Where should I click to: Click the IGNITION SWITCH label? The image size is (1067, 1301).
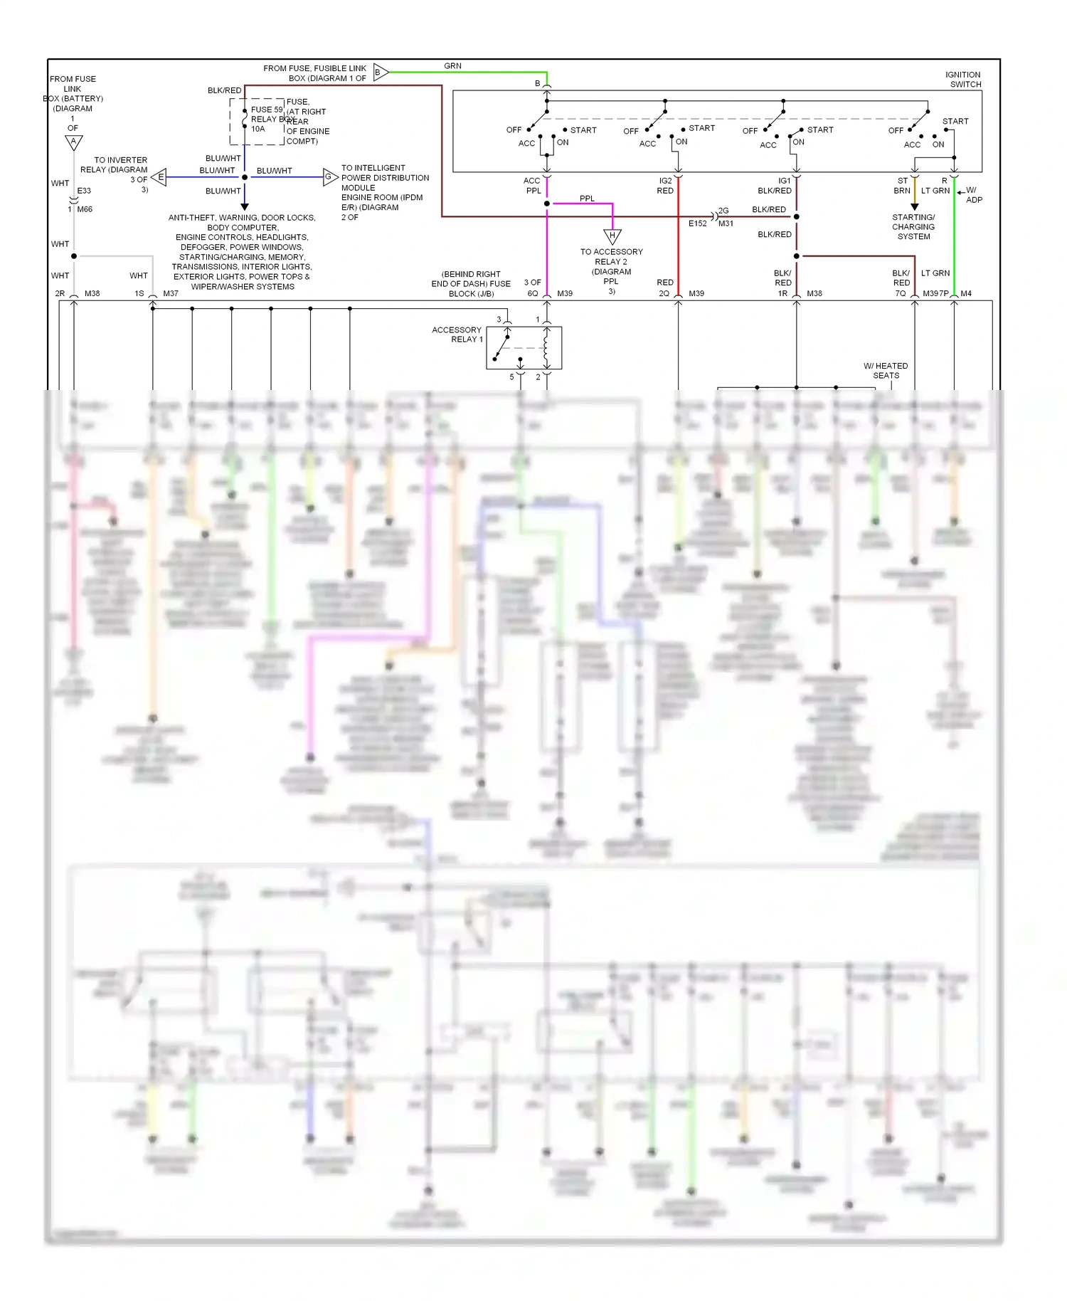pyautogui.click(x=964, y=79)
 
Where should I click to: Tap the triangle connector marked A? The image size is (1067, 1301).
pyautogui.click(x=73, y=142)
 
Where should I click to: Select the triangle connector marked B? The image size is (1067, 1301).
pyautogui.click(x=380, y=72)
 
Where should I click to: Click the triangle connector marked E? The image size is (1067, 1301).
pyautogui.click(x=159, y=177)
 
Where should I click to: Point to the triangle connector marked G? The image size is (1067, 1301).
pyautogui.click(x=329, y=177)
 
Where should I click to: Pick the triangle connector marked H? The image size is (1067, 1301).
pyautogui.click(x=612, y=236)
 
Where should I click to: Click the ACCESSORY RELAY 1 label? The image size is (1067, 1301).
pyautogui.click(x=457, y=335)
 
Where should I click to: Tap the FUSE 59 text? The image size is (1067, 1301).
pyautogui.click(x=266, y=110)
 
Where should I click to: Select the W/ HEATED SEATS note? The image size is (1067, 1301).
pyautogui.click(x=886, y=371)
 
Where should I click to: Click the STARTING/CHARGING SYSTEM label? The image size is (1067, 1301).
pyautogui.click(x=913, y=227)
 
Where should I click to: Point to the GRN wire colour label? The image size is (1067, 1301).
pyautogui.click(x=452, y=66)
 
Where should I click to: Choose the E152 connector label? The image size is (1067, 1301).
pyautogui.click(x=697, y=223)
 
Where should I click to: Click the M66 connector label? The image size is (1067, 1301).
pyautogui.click(x=85, y=209)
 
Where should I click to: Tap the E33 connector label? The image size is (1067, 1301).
pyautogui.click(x=84, y=191)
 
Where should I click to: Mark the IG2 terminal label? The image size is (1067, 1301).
pyautogui.click(x=665, y=181)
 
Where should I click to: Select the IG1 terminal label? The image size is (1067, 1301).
pyautogui.click(x=784, y=181)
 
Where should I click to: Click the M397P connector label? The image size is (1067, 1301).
pyautogui.click(x=935, y=293)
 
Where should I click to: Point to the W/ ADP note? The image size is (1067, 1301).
pyautogui.click(x=972, y=195)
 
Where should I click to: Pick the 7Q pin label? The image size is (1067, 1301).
pyautogui.click(x=900, y=293)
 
